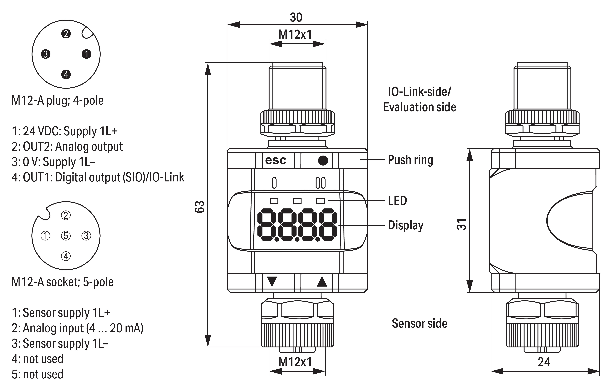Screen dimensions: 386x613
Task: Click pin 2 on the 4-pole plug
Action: [x=66, y=34]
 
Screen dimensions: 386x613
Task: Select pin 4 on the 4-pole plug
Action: [x=66, y=75]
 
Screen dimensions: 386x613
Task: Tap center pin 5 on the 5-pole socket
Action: [x=66, y=236]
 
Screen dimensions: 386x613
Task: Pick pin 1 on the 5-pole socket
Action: [x=46, y=236]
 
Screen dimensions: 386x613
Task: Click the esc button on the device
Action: [x=276, y=160]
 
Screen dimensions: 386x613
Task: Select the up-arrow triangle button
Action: [x=322, y=282]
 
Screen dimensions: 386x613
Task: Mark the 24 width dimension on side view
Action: [x=544, y=362]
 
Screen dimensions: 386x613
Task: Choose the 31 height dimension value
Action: [x=461, y=224]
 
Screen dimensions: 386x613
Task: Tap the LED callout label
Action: [x=397, y=201]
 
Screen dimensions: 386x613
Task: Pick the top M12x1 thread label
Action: [x=295, y=34]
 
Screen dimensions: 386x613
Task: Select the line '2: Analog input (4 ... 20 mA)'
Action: [x=77, y=328]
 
